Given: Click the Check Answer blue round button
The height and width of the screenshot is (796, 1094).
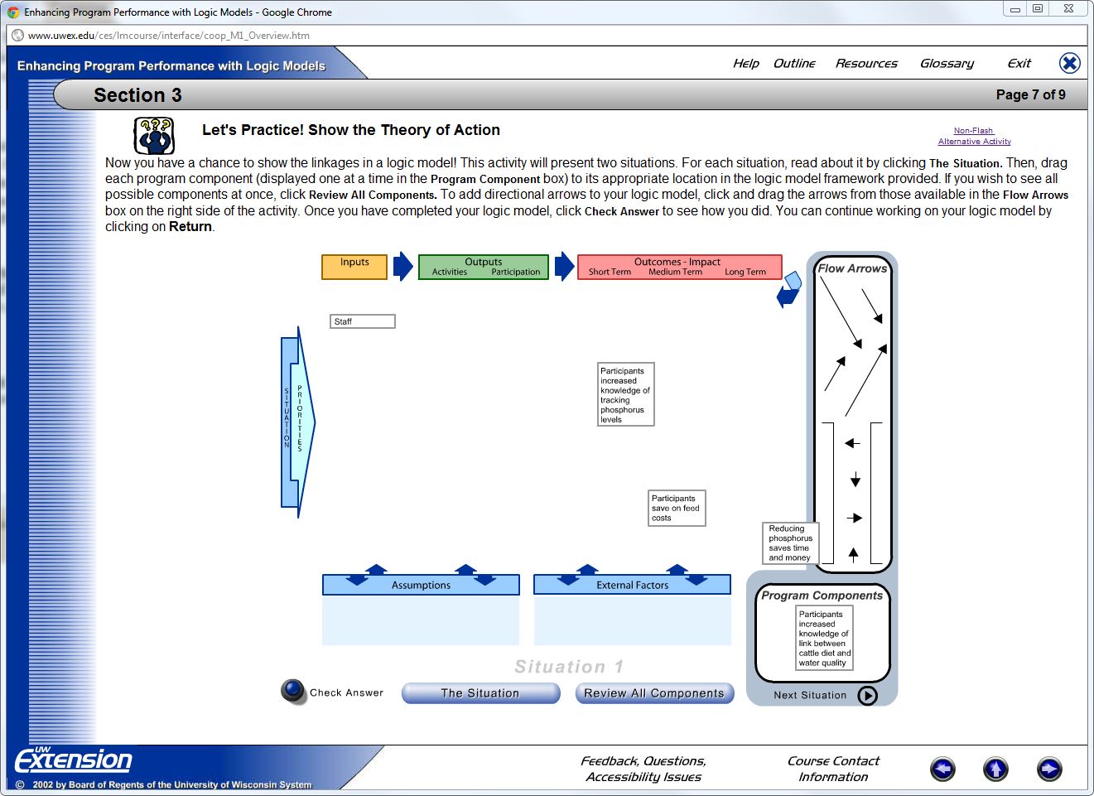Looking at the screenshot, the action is pyautogui.click(x=293, y=691).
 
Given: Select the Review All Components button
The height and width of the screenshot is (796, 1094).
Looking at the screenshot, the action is pyautogui.click(x=654, y=693).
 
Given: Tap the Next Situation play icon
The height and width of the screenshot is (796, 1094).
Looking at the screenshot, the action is pyautogui.click(x=867, y=696).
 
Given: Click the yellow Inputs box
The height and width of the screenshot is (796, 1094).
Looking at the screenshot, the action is pyautogui.click(x=354, y=267).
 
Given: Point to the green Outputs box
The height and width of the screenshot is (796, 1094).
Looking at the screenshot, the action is pyautogui.click(x=484, y=267).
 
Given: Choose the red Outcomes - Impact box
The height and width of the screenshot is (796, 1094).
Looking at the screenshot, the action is pyautogui.click(x=679, y=267).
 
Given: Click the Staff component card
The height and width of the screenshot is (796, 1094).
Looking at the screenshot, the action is pyautogui.click(x=362, y=321).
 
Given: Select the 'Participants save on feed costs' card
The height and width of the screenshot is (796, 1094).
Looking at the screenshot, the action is pyautogui.click(x=677, y=509).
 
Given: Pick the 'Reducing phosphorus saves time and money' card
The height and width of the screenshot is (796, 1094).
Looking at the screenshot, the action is pyautogui.click(x=790, y=543).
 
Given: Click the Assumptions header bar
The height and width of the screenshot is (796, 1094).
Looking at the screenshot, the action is pyautogui.click(x=421, y=585).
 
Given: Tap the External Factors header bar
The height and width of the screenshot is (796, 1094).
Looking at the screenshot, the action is pyautogui.click(x=632, y=585).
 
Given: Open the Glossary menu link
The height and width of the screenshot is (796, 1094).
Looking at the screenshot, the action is pyautogui.click(x=947, y=64).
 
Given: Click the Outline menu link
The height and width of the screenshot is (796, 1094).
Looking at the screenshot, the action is pyautogui.click(x=794, y=64).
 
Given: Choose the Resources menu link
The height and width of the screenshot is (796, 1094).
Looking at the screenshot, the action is pyautogui.click(x=866, y=64).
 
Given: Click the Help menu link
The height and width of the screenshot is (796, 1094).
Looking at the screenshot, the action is pyautogui.click(x=745, y=64).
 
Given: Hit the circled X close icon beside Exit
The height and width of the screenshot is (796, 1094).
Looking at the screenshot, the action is pyautogui.click(x=1070, y=63).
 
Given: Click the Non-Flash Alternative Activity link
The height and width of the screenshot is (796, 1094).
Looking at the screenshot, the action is pyautogui.click(x=974, y=136).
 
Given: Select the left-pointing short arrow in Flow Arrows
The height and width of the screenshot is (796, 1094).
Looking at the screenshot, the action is pyautogui.click(x=852, y=444).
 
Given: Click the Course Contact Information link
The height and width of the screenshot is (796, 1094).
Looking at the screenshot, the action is pyautogui.click(x=833, y=769).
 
